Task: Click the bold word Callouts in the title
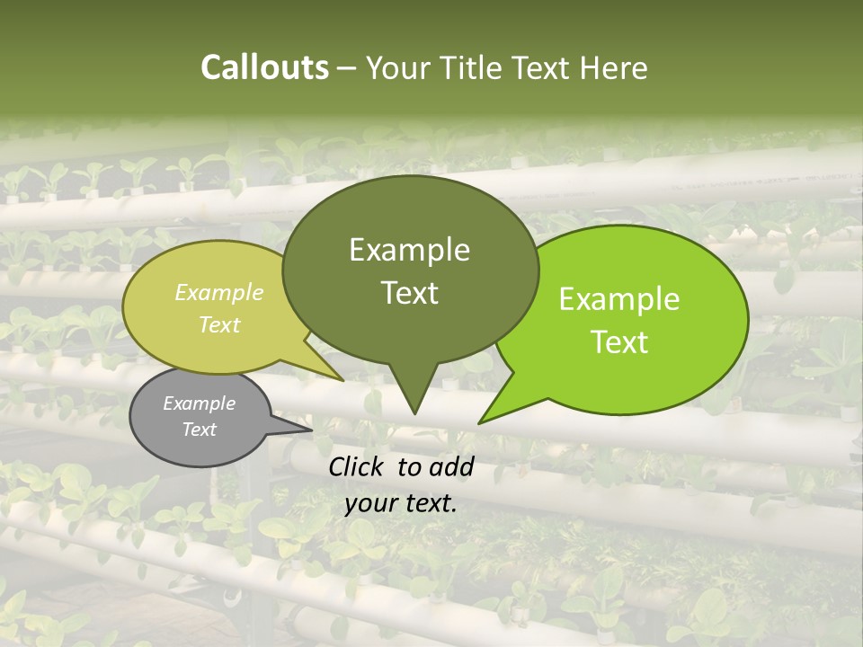pos(264,67)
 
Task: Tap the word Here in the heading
pos(615,67)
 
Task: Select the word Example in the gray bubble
pos(199,403)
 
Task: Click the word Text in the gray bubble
pos(199,430)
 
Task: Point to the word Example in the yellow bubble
pos(219,292)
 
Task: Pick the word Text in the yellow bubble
pos(219,324)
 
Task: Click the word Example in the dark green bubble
pos(409,250)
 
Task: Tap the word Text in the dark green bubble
pos(409,293)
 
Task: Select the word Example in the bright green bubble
pos(619,299)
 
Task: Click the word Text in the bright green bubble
pos(619,342)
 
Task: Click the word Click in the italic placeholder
pos(357,466)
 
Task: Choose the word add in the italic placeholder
pos(451,466)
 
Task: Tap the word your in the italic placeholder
pos(369,503)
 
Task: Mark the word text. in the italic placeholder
pos(431,503)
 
